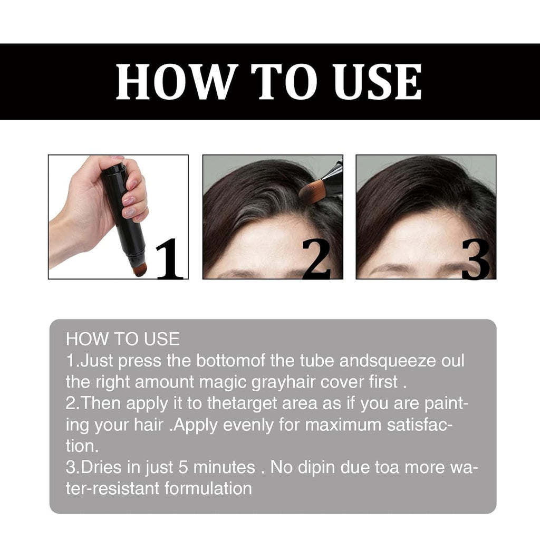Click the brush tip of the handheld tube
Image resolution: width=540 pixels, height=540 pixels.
point(140,269)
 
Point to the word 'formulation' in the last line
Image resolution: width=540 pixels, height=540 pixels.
point(208,488)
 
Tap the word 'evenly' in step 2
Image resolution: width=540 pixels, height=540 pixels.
point(250,425)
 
